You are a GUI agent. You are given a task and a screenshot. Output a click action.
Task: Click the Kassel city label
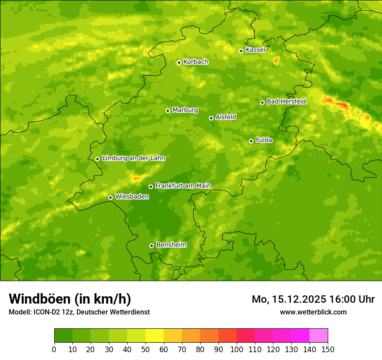(255, 50)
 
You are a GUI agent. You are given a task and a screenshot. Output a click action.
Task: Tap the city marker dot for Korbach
(179, 62)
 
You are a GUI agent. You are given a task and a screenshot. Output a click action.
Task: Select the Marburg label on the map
(185, 110)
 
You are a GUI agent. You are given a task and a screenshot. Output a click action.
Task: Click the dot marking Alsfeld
(211, 118)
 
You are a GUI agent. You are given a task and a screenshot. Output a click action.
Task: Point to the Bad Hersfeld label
(286, 101)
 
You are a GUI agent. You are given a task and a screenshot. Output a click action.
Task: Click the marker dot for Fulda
(251, 141)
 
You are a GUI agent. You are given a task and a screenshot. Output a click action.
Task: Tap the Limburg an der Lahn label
(133, 158)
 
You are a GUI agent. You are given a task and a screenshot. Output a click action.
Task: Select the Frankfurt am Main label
(183, 186)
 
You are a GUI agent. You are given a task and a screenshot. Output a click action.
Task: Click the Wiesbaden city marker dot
(111, 197)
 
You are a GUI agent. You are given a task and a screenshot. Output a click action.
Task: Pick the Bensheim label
(171, 245)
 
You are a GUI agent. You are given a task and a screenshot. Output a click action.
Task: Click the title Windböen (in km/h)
(70, 299)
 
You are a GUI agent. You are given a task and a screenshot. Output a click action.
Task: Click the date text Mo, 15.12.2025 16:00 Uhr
(313, 299)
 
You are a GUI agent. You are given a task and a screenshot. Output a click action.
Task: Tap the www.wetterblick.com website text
(313, 312)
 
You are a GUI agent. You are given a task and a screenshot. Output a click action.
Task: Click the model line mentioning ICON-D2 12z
(79, 312)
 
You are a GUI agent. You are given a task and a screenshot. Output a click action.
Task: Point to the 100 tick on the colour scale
(237, 350)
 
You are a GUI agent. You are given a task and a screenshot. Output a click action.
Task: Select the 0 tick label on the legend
(54, 350)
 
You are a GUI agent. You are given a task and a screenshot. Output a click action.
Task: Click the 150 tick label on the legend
(328, 350)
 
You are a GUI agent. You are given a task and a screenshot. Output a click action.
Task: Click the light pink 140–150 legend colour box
(319, 336)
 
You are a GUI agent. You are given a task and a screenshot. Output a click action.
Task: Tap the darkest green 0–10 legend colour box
(63, 336)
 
